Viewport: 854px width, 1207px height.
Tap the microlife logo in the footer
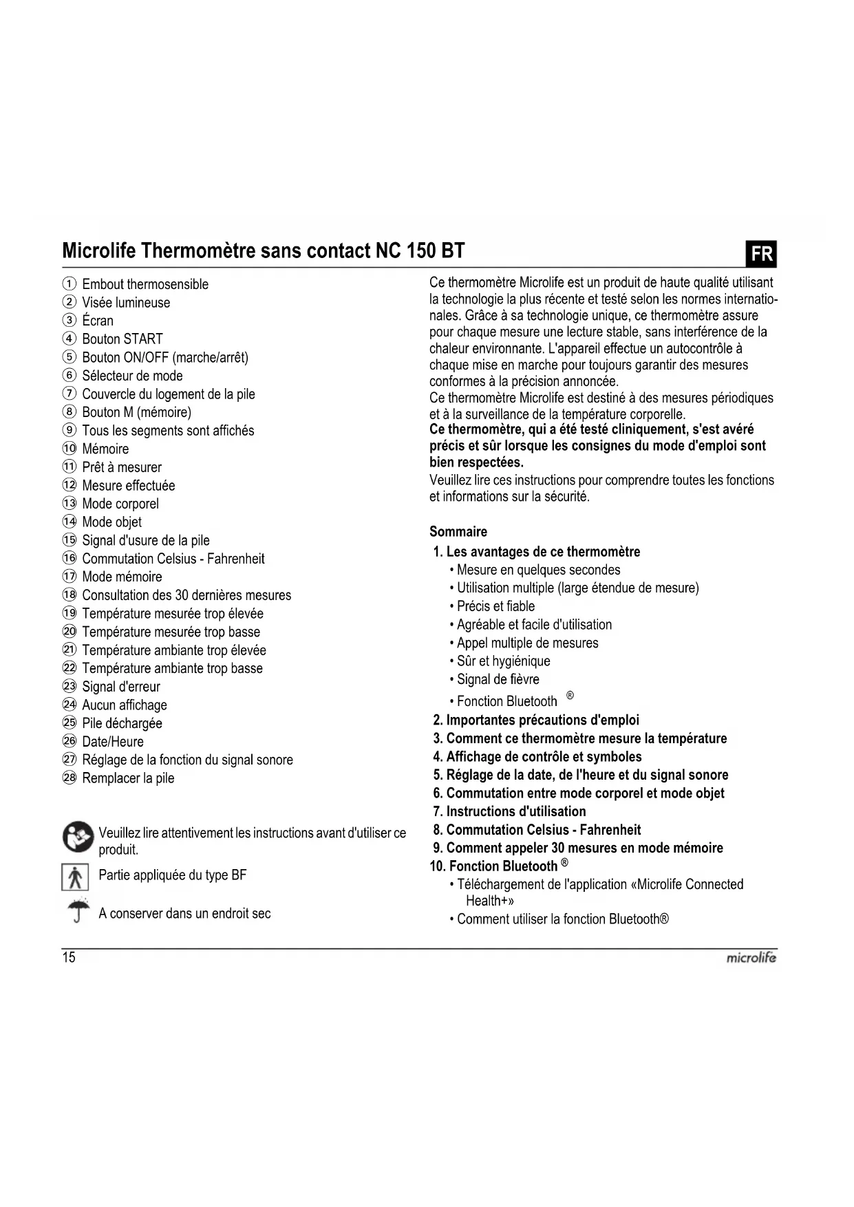pos(751,957)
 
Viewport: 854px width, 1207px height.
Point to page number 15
pos(69,957)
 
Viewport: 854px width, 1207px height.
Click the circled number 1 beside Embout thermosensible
pos(70,284)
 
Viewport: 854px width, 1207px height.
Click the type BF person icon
pos(75,877)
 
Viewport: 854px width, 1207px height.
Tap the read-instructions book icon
pos(78,837)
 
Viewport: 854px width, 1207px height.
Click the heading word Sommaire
pos(458,531)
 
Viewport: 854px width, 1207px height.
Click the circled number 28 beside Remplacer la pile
pos(70,778)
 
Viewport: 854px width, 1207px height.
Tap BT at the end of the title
pos(453,250)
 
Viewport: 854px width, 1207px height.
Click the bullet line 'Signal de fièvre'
pos(498,679)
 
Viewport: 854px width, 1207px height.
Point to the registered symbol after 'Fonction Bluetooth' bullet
pos(570,696)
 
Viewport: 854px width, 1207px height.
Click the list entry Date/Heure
pos(113,742)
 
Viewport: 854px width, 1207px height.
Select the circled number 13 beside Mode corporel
pos(70,504)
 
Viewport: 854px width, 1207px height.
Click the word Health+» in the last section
pos(490,901)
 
